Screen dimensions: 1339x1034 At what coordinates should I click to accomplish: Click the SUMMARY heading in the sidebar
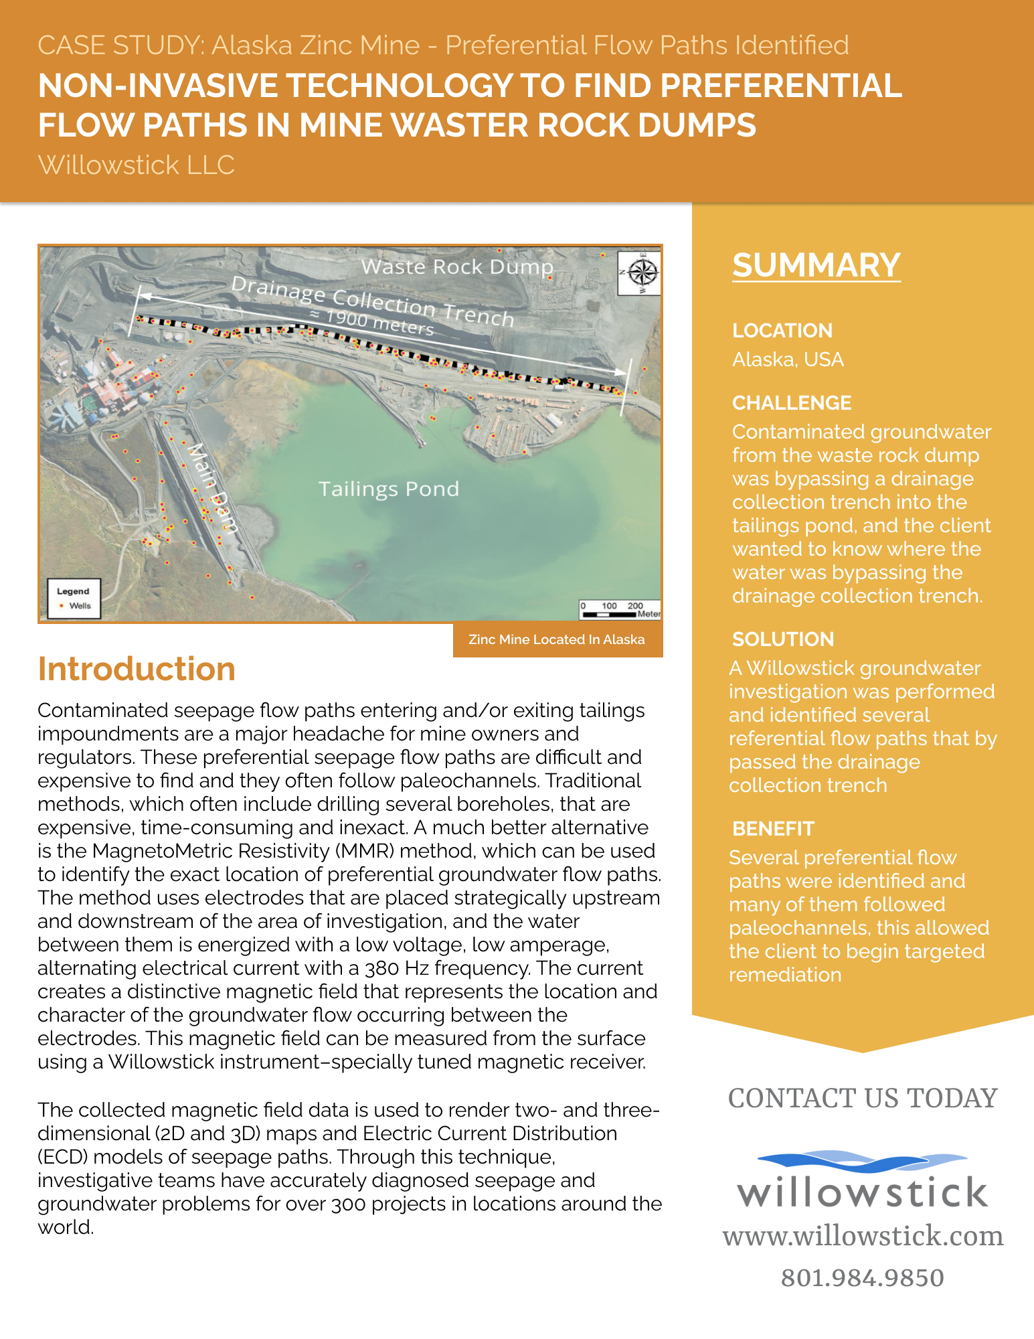tap(816, 266)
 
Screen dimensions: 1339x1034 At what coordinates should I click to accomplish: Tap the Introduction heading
tap(137, 669)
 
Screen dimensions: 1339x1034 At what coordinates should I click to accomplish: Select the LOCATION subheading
tap(782, 331)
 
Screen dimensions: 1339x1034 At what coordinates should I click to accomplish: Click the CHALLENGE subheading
tap(791, 403)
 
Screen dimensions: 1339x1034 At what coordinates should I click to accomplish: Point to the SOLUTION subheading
tap(782, 639)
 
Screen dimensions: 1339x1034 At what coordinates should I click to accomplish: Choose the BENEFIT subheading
tap(773, 829)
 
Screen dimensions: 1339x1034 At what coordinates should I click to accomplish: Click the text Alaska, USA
tap(788, 360)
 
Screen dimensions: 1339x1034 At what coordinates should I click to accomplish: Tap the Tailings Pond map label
tap(388, 489)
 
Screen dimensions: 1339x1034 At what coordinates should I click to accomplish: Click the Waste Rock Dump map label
tap(457, 267)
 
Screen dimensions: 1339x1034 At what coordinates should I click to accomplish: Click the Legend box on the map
tap(74, 599)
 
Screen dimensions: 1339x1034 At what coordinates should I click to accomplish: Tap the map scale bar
tap(620, 610)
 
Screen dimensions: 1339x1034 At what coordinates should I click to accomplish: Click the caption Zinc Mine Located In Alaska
tap(557, 640)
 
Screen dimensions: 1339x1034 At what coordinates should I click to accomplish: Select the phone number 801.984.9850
tap(862, 1278)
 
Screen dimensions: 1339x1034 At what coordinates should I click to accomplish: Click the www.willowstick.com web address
tap(863, 1236)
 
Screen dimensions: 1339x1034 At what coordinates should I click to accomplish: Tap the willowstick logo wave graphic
tap(862, 1162)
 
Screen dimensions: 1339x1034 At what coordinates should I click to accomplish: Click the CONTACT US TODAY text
tap(862, 1099)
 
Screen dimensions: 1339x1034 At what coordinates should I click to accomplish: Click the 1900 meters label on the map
tap(372, 322)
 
